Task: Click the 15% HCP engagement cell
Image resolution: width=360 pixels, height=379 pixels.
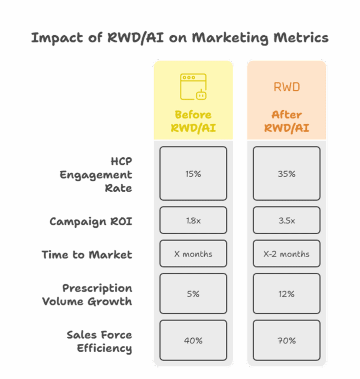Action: (x=193, y=173)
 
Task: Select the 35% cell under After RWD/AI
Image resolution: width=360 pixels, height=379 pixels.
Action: (x=286, y=173)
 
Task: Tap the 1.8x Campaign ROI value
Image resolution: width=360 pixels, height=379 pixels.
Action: (x=193, y=220)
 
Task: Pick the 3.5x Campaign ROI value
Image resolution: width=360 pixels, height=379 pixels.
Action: (x=286, y=220)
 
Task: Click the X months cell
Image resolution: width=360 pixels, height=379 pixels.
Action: (x=193, y=254)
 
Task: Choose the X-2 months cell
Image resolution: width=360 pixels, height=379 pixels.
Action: (x=286, y=254)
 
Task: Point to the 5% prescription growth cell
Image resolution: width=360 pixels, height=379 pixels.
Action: (x=193, y=294)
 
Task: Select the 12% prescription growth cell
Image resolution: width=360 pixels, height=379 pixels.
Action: (x=286, y=294)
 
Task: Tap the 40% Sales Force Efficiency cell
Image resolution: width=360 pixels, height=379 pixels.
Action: (x=193, y=341)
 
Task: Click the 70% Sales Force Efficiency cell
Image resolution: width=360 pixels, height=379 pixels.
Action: (x=286, y=341)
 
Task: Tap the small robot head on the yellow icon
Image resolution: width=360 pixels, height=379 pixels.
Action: (x=201, y=95)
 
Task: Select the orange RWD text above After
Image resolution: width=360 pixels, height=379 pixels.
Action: (x=287, y=87)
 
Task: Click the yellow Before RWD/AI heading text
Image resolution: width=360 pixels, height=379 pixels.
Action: (x=193, y=121)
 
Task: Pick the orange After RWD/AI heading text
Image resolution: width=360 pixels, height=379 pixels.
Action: (x=287, y=121)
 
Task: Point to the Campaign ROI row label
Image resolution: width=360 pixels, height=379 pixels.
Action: (x=91, y=222)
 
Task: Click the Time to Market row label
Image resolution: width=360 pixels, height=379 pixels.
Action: (x=87, y=255)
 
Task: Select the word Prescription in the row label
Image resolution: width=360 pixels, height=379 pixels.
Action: (x=97, y=288)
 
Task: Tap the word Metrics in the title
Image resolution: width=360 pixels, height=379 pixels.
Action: (x=301, y=38)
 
